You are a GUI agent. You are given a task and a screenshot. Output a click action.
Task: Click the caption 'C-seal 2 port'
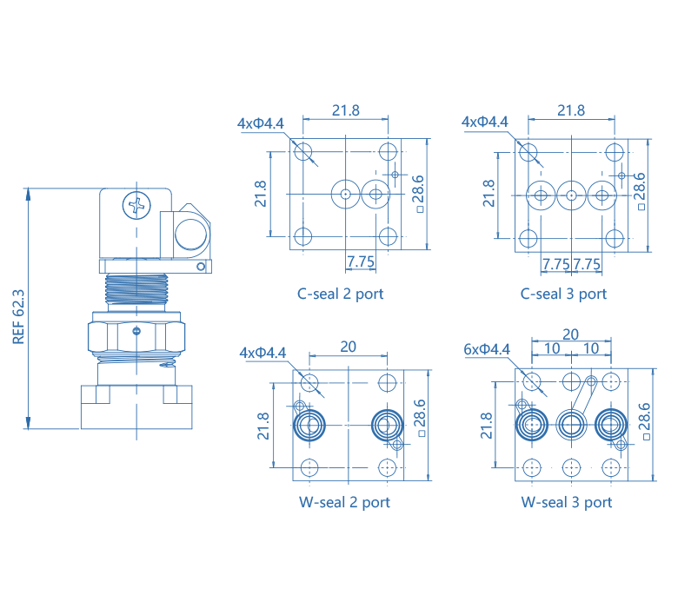point(339,294)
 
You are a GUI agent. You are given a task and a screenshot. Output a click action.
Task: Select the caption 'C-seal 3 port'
point(563,294)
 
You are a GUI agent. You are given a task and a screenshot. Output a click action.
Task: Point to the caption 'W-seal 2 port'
point(344,502)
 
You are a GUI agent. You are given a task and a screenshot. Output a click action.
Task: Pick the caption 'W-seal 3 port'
point(567,502)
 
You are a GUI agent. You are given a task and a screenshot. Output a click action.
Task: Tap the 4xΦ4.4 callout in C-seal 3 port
point(486,122)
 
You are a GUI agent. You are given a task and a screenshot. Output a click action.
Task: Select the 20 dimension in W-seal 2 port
point(348,347)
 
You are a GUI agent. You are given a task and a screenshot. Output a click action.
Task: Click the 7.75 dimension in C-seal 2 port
point(360,261)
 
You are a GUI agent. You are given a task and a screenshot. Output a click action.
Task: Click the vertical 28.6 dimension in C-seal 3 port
point(640,192)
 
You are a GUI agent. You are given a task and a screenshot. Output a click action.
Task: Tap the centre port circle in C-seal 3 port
point(571,195)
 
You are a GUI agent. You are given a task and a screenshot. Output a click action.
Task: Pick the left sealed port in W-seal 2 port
point(309,426)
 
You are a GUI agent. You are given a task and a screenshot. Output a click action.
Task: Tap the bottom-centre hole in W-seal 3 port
point(570,467)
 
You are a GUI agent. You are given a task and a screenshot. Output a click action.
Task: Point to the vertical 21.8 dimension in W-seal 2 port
point(263,426)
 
